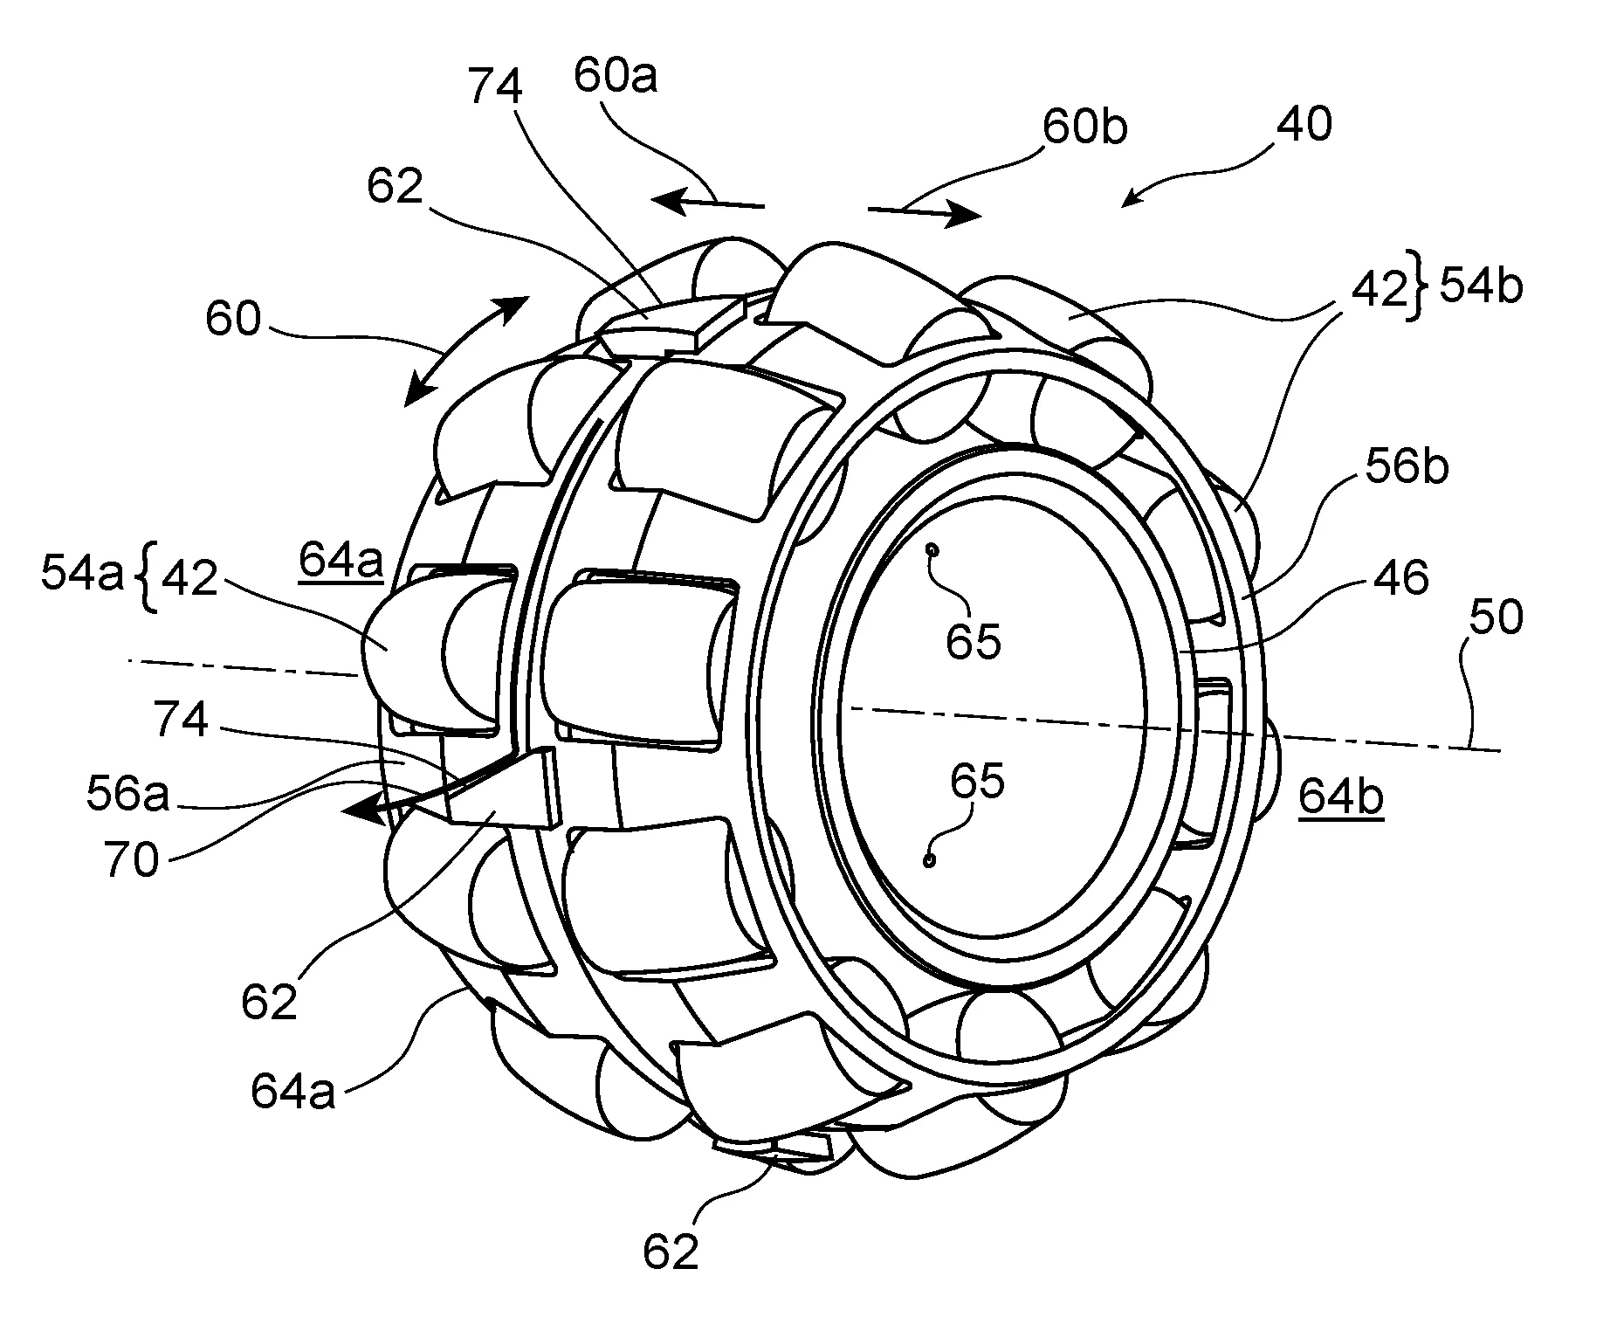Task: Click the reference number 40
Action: point(1304,125)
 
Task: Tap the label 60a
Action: point(616,77)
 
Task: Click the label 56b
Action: point(1407,467)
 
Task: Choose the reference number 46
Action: point(1401,577)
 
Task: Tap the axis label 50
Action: point(1496,617)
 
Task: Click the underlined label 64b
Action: point(1340,797)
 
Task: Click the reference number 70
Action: point(131,860)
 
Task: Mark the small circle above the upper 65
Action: point(933,550)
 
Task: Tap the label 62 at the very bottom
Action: point(671,1252)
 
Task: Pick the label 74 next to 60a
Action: point(495,86)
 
